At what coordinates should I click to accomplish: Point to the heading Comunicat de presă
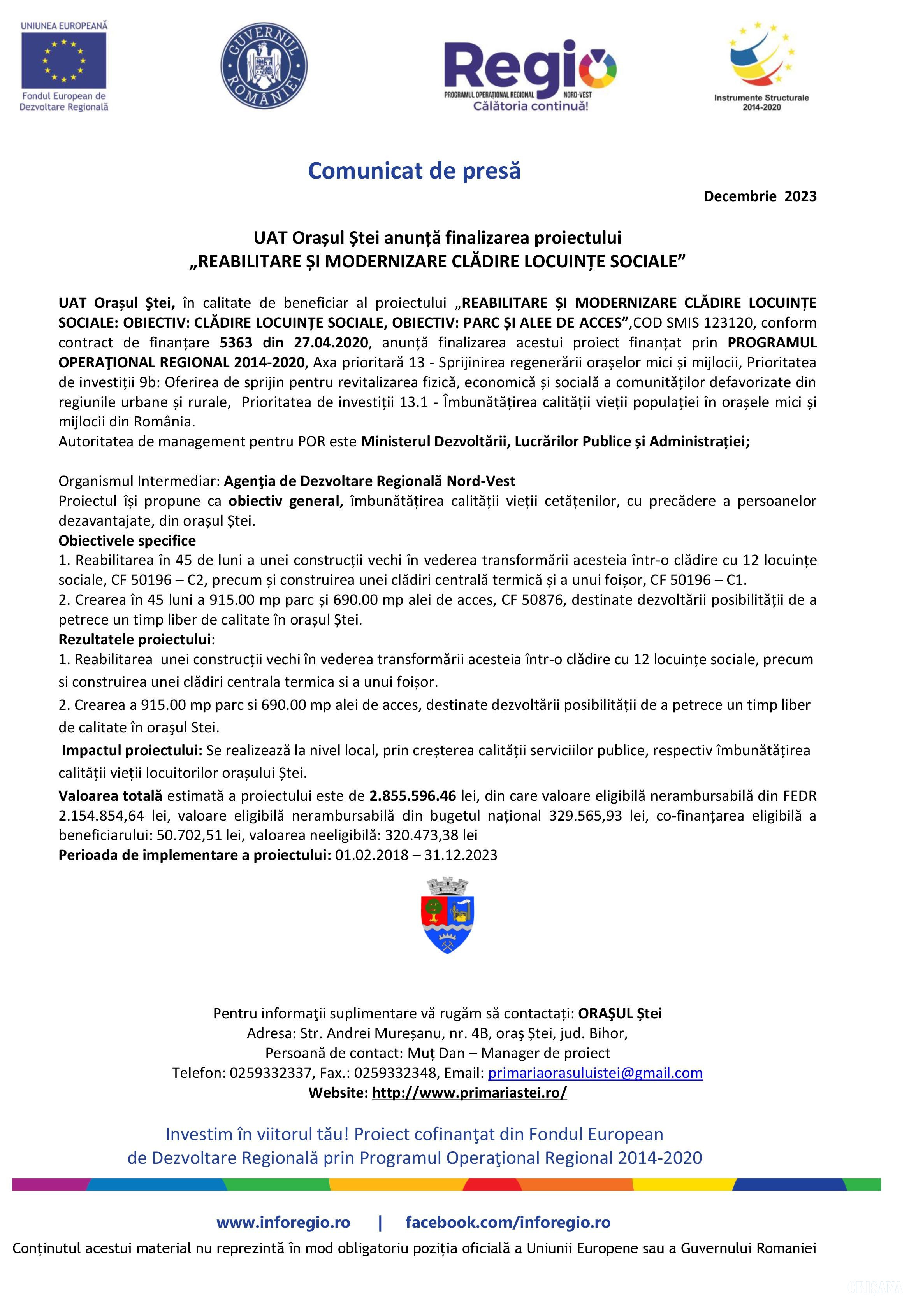(414, 170)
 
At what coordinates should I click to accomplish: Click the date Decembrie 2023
(760, 196)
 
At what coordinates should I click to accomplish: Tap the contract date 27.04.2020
(331, 342)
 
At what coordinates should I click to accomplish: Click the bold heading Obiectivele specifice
(127, 540)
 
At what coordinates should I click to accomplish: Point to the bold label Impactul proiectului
(132, 750)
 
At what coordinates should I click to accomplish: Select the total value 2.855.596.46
(412, 795)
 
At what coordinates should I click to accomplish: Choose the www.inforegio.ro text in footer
(283, 1223)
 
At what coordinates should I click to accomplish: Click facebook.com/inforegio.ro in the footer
(508, 1223)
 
